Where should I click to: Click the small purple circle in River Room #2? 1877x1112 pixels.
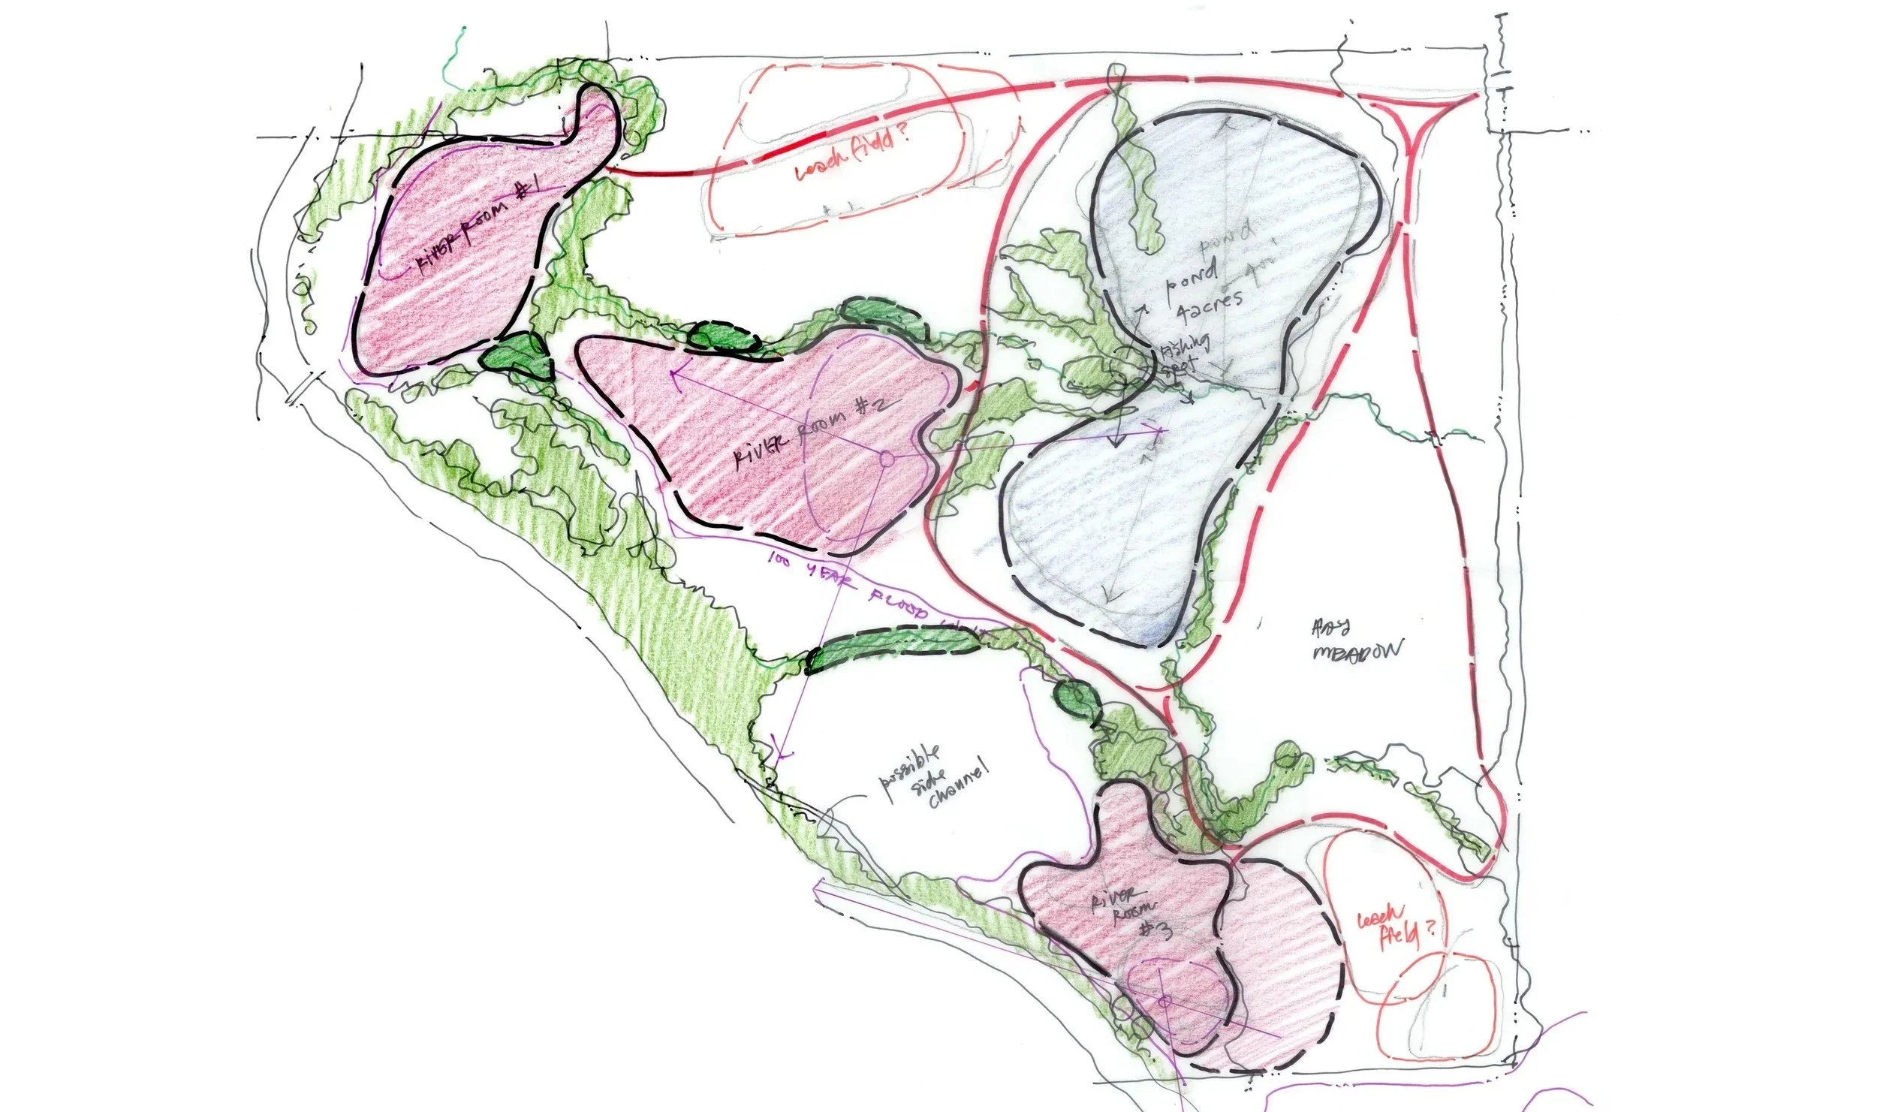[x=886, y=459]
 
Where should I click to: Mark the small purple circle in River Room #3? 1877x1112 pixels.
[x=1164, y=1002]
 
